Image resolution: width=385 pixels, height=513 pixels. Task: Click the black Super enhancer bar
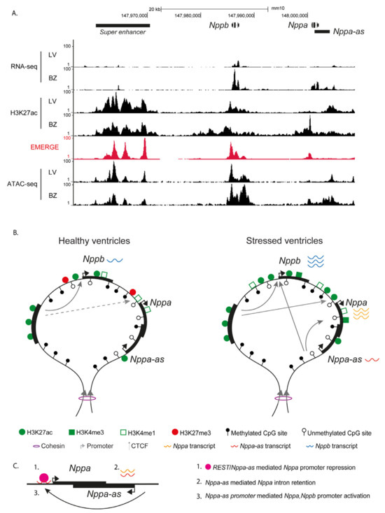(x=122, y=25)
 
